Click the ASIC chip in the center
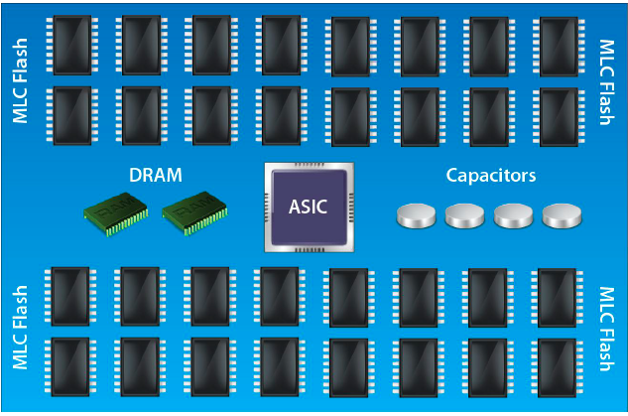pos(310,208)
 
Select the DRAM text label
pos(156,175)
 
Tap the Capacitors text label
pos(491,176)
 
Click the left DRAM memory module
pos(116,213)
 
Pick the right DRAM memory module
pos(195,213)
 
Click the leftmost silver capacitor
pos(416,216)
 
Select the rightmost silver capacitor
pos(562,216)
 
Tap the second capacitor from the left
pos(464,216)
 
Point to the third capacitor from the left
pos(514,216)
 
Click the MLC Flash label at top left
pos(20,80)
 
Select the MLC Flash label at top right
pos(607,82)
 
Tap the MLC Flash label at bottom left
pos(20,327)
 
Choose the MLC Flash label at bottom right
pos(607,329)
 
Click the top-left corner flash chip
pos(72,45)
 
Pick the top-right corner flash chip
pos(559,47)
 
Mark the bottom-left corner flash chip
pos(70,367)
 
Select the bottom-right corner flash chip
pos(558,368)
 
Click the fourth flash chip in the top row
pos(282,45)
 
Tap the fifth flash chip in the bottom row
pos(349,368)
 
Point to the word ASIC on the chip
pos(308,207)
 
